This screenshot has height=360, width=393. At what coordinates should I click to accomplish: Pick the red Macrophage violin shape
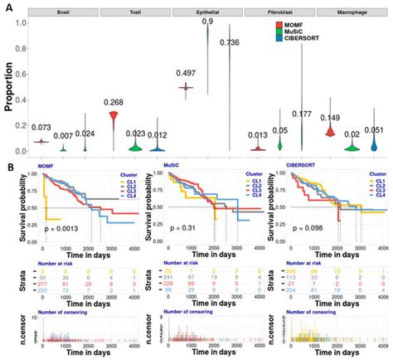click(x=330, y=132)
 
